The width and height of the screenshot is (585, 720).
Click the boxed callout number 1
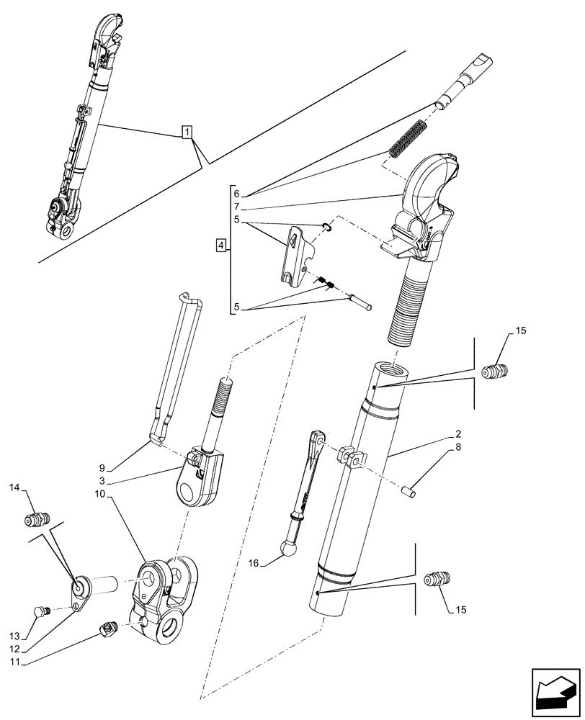pyautogui.click(x=187, y=132)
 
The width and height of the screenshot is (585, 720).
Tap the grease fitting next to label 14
pyautogui.click(x=37, y=518)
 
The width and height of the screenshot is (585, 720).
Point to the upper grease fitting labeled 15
pyautogui.click(x=496, y=372)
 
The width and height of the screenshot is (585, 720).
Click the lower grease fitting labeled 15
pyautogui.click(x=437, y=580)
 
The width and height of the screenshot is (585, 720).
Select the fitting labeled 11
pyautogui.click(x=108, y=630)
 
